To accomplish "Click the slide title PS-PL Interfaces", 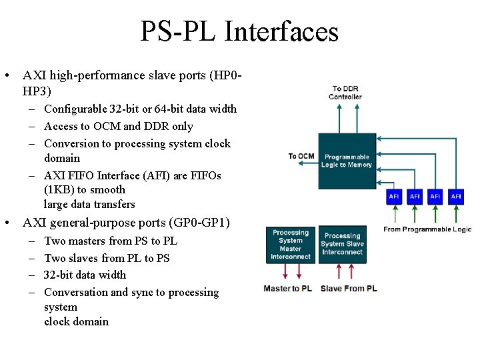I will (x=239, y=32).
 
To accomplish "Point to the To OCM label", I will (x=301, y=157).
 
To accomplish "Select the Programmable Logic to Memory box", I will (x=347, y=161).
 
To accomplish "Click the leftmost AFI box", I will (x=395, y=196).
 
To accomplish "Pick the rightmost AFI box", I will (x=456, y=196).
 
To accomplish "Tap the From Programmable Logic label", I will (x=427, y=229).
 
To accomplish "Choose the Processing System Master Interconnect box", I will (x=291, y=244).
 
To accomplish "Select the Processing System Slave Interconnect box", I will (x=342, y=244).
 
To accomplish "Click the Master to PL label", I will (x=288, y=288).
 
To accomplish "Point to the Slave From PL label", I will (x=349, y=288).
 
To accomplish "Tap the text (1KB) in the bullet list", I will (x=62, y=190).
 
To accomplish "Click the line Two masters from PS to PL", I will (x=111, y=241).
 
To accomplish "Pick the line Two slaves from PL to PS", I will (x=107, y=258).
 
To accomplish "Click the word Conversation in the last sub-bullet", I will (x=75, y=292).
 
